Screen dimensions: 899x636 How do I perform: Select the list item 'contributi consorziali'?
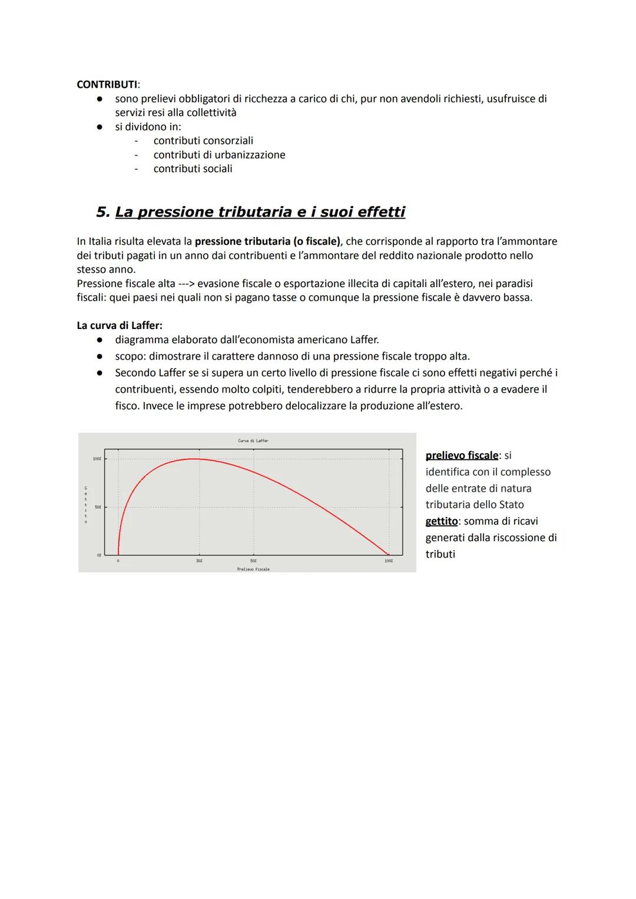[x=203, y=140]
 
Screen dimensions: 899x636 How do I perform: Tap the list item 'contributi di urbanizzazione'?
[x=219, y=154]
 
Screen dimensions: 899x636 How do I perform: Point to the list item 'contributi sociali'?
[x=193, y=169]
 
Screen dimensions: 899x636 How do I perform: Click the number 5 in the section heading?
[x=102, y=212]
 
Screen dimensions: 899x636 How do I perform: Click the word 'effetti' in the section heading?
[x=381, y=212]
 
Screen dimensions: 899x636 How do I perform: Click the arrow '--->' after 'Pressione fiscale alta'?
[x=186, y=284]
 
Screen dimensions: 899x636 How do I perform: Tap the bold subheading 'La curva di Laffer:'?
[x=120, y=325]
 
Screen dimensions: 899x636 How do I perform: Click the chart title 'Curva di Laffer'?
[x=253, y=440]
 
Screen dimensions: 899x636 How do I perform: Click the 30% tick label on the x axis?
[x=199, y=561]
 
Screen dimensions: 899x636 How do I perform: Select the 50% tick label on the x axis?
[x=253, y=561]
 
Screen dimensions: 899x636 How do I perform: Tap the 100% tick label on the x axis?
[x=389, y=561]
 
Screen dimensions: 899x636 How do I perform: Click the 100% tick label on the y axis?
[x=97, y=459]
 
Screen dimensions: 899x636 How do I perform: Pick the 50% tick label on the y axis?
[x=98, y=507]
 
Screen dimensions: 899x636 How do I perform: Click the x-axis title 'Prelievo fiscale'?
[x=253, y=569]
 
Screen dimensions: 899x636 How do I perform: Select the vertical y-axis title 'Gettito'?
[x=86, y=505]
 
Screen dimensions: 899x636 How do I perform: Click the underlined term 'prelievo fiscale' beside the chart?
[x=461, y=456]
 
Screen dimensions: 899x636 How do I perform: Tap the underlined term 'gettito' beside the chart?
[x=441, y=521]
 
